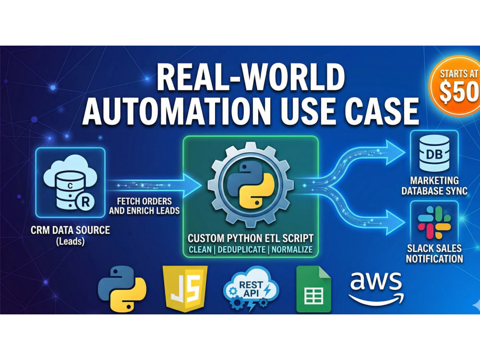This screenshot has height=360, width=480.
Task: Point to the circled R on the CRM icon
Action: (x=85, y=202)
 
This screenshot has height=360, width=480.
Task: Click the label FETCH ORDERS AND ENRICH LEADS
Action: (x=144, y=206)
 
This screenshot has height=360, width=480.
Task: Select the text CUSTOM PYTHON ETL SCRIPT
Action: (x=251, y=238)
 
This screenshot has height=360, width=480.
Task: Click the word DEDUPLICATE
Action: (x=241, y=250)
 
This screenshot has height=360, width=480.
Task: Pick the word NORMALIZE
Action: (x=292, y=250)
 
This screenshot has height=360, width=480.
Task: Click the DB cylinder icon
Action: (x=434, y=153)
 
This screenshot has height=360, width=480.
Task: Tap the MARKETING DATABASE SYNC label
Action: (x=434, y=185)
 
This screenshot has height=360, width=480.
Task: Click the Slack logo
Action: (x=434, y=223)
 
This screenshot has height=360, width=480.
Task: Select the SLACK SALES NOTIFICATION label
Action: (x=434, y=253)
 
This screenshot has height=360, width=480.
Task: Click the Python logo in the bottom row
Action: (x=122, y=289)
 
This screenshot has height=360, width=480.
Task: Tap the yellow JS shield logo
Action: (x=185, y=289)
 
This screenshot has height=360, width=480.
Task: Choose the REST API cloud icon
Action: (x=251, y=288)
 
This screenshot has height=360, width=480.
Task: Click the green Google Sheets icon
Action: (x=314, y=289)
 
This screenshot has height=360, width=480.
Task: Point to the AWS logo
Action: (x=376, y=288)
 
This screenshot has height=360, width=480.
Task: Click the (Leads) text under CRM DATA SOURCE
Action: (x=71, y=241)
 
